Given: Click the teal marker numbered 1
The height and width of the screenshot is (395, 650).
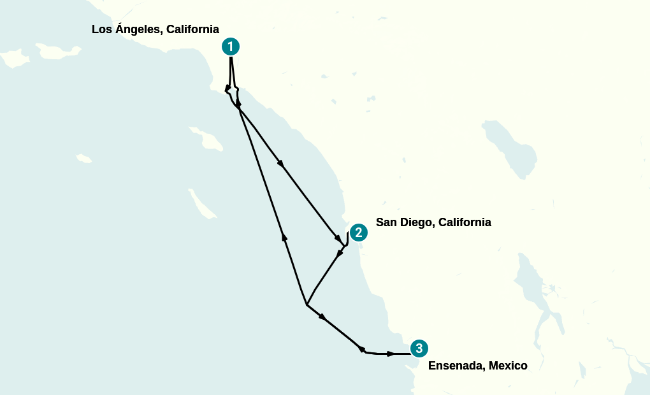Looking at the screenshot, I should pos(230,47).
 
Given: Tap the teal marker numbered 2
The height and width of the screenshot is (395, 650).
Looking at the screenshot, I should pos(359,233).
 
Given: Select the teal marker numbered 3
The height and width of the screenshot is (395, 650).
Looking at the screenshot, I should pos(419,348).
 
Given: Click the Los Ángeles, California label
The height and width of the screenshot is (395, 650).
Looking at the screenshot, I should pos(155,29).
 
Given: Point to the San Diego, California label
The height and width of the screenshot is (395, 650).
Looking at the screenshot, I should pos(433,222).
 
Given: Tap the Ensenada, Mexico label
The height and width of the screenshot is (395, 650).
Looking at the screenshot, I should pos(477,366).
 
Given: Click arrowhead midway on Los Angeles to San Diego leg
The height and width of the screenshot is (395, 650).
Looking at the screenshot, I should pos(280,164).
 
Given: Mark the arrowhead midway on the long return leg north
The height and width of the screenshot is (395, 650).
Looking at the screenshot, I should pos(284,237).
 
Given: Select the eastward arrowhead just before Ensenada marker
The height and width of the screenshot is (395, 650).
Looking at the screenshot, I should pos(390,354).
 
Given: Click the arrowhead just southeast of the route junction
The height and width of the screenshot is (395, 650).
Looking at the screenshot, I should pos(322,317).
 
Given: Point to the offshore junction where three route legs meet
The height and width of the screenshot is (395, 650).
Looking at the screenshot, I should pos(307,305).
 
